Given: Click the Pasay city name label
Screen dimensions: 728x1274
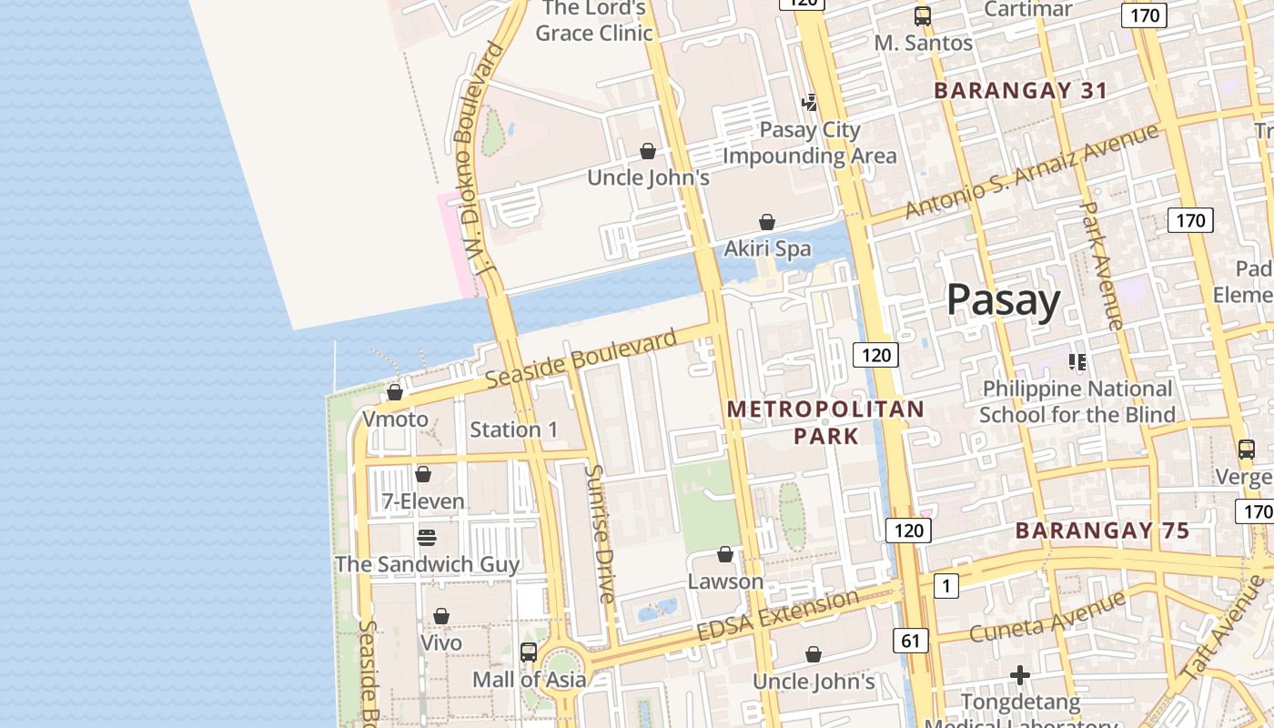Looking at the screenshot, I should click(x=1003, y=299).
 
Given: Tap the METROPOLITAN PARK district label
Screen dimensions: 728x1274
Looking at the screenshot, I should click(x=825, y=422).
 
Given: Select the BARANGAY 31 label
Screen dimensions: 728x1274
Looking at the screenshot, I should click(x=1020, y=91).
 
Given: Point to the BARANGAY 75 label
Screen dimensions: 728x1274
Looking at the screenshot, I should click(x=1102, y=531).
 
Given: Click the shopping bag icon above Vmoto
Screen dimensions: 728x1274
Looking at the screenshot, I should click(x=395, y=392).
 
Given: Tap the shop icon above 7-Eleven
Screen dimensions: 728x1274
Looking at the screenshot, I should click(x=423, y=474).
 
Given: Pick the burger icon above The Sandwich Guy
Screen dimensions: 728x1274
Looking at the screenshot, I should click(x=427, y=537).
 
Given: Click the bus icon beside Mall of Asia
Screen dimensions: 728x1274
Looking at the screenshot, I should click(x=529, y=652).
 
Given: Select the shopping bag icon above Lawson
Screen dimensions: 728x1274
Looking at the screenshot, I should click(x=725, y=554).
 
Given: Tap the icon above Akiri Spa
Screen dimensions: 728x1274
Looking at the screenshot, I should click(x=767, y=222).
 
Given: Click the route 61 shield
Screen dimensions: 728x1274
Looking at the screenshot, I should click(x=910, y=641).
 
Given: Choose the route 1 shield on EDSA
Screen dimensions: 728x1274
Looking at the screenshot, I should click(x=946, y=586).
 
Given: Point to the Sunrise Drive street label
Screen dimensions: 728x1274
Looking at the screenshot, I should click(x=599, y=533).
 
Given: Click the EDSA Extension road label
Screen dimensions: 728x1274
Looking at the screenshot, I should click(x=777, y=614).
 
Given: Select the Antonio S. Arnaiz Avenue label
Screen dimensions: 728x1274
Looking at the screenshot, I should click(x=1032, y=170).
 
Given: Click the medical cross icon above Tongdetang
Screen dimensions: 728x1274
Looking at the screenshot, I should click(x=1020, y=675).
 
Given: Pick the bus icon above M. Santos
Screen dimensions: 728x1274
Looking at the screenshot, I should click(x=923, y=15).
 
